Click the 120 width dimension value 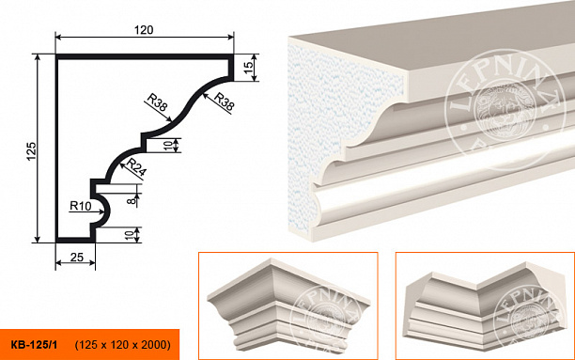click(x=144, y=30)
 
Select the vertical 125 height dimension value click(x=31, y=150)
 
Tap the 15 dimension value click(x=248, y=67)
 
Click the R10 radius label click(x=80, y=206)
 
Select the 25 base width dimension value click(x=77, y=258)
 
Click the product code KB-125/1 click(x=34, y=345)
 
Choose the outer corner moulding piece click(x=289, y=305)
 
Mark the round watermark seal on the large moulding click(x=506, y=110)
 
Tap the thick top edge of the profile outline click(x=145, y=56)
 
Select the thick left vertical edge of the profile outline click(x=57, y=149)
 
